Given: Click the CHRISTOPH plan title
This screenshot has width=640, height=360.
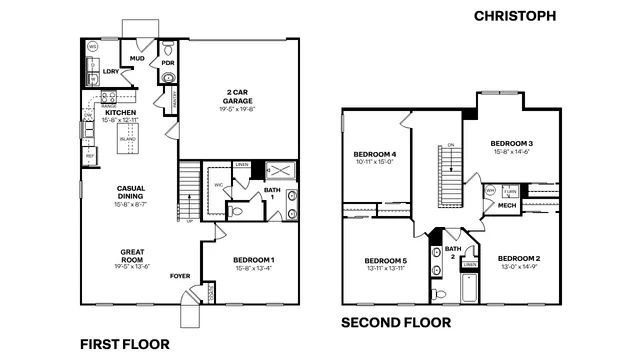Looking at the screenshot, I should (537, 17).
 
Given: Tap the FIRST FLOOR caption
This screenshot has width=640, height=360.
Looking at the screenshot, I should (123, 344).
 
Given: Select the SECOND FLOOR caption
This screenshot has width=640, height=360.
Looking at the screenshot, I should (395, 322).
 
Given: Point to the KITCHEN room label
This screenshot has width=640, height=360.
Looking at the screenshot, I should (120, 113).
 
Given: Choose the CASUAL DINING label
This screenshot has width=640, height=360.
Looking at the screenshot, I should (132, 192).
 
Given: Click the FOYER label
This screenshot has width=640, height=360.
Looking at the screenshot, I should (180, 275).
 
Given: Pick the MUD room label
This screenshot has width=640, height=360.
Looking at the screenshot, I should (139, 59).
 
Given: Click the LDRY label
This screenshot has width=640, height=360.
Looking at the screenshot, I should (111, 72).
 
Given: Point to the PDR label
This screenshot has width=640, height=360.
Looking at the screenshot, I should (168, 61).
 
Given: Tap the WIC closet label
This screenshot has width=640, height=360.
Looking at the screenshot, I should (216, 183).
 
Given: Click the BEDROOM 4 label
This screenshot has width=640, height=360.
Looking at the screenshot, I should (374, 153).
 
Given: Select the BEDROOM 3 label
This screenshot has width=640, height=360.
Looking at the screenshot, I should (510, 143).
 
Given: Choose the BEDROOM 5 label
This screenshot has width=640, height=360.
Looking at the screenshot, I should (384, 263).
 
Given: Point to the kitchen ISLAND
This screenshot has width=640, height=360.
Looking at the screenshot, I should (128, 137).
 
